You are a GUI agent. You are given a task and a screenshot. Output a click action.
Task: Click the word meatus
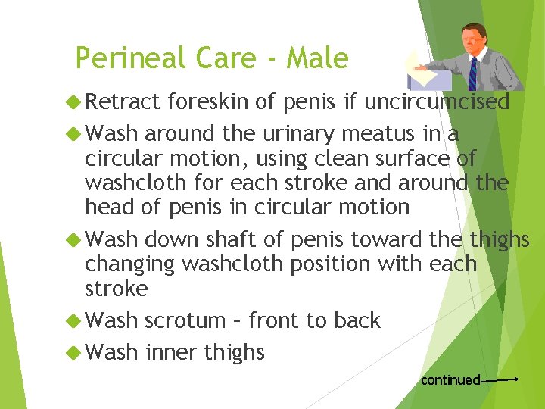coord(389,134)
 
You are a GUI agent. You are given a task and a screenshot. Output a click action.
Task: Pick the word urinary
coord(302,134)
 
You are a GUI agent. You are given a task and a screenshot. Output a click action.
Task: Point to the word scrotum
coord(186,320)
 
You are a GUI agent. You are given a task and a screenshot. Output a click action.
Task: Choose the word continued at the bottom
coord(450,379)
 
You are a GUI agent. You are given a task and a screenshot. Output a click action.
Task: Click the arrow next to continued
coord(500,379)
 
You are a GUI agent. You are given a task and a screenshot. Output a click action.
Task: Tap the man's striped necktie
coord(473,72)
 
